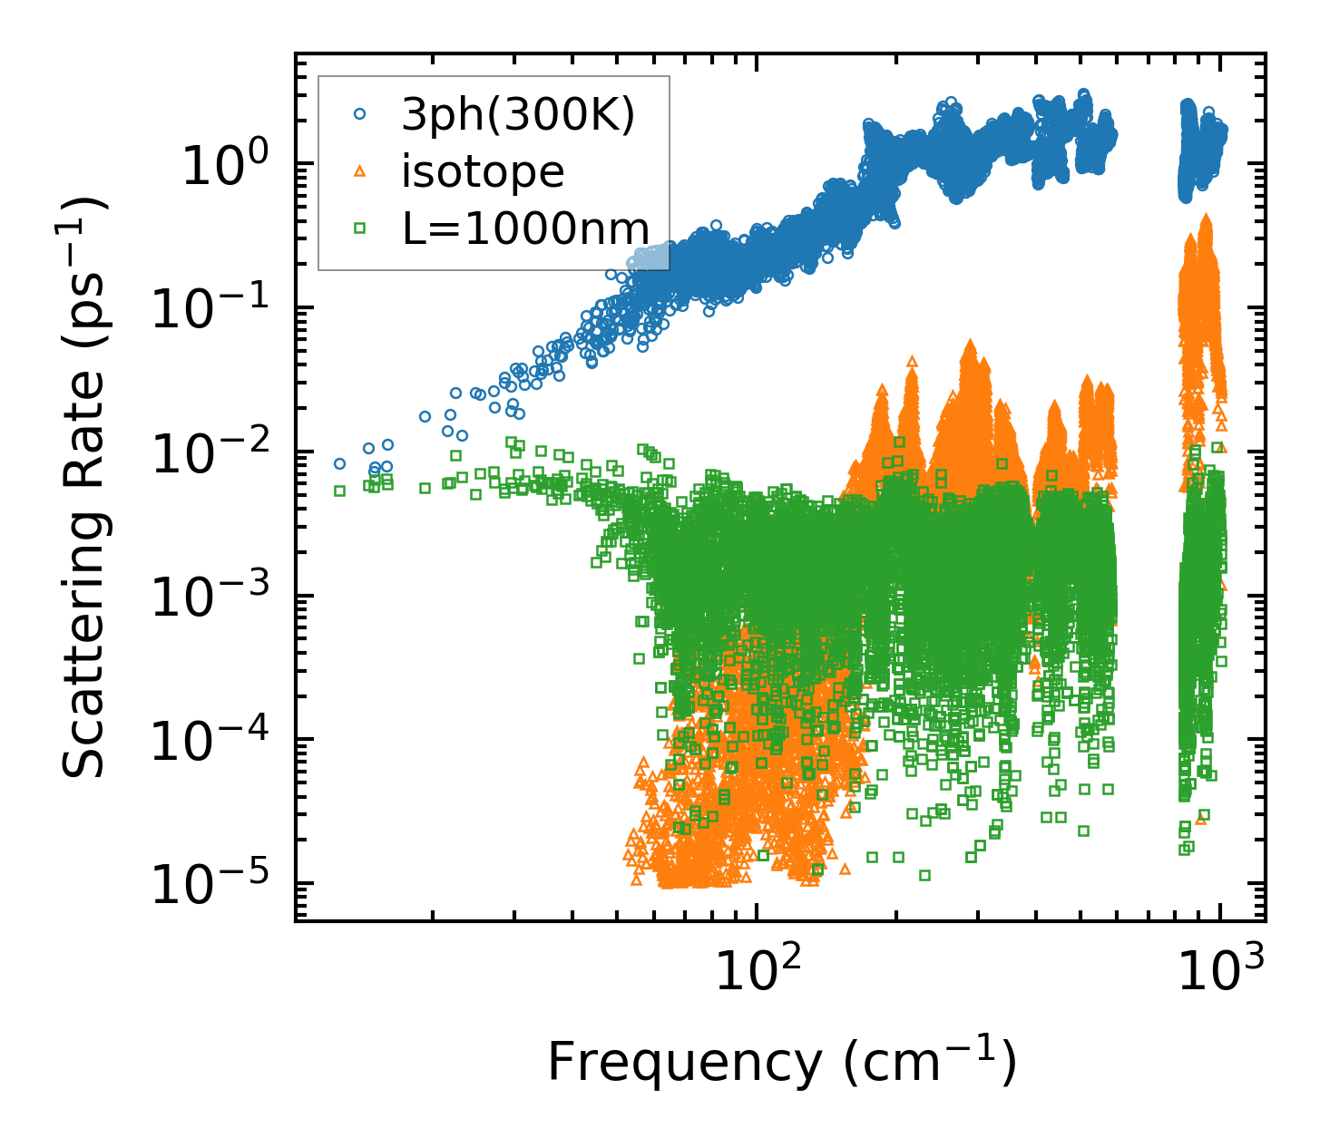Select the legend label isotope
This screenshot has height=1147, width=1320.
tap(483, 171)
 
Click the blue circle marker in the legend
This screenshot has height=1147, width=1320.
tap(359, 114)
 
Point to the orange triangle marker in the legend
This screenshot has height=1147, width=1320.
tap(359, 170)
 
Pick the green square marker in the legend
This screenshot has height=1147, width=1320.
tap(359, 228)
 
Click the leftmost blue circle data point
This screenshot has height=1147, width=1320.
tap(339, 463)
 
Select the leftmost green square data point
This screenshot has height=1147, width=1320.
tap(339, 491)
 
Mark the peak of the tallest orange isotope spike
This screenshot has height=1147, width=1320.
tap(1206, 218)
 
